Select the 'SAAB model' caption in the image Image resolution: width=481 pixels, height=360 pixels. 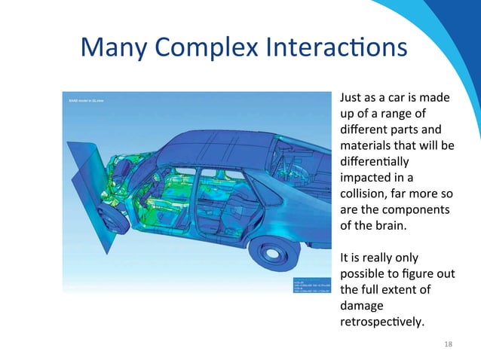(83, 100)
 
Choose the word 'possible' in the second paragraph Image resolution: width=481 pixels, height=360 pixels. (363, 273)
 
